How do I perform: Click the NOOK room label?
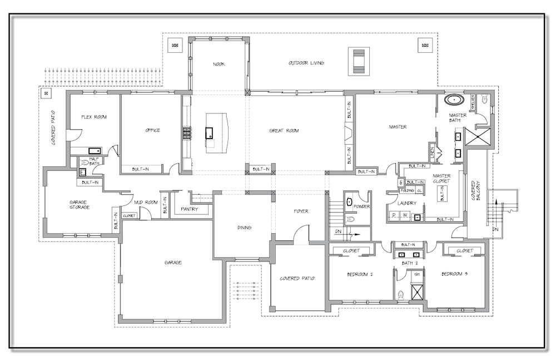pyautogui.click(x=219, y=64)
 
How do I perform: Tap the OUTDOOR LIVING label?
pyautogui.click(x=306, y=63)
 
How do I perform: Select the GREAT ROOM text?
pyautogui.click(x=284, y=131)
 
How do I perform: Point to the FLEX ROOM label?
pyautogui.click(x=93, y=117)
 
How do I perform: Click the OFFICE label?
pyautogui.click(x=152, y=130)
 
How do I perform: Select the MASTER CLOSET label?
pyautogui.click(x=441, y=179)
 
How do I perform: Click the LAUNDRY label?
pyautogui.click(x=406, y=204)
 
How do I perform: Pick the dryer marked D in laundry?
pyautogui.click(x=394, y=215)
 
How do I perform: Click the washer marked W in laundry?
pyautogui.click(x=405, y=215)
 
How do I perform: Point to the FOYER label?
pyautogui.click(x=301, y=211)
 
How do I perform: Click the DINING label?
pyautogui.click(x=244, y=227)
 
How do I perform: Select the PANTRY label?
pyautogui.click(x=190, y=209)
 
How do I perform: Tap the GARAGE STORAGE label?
pyautogui.click(x=80, y=204)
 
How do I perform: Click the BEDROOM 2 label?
pyautogui.click(x=360, y=274)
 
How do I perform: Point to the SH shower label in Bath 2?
pyautogui.click(x=416, y=274)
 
